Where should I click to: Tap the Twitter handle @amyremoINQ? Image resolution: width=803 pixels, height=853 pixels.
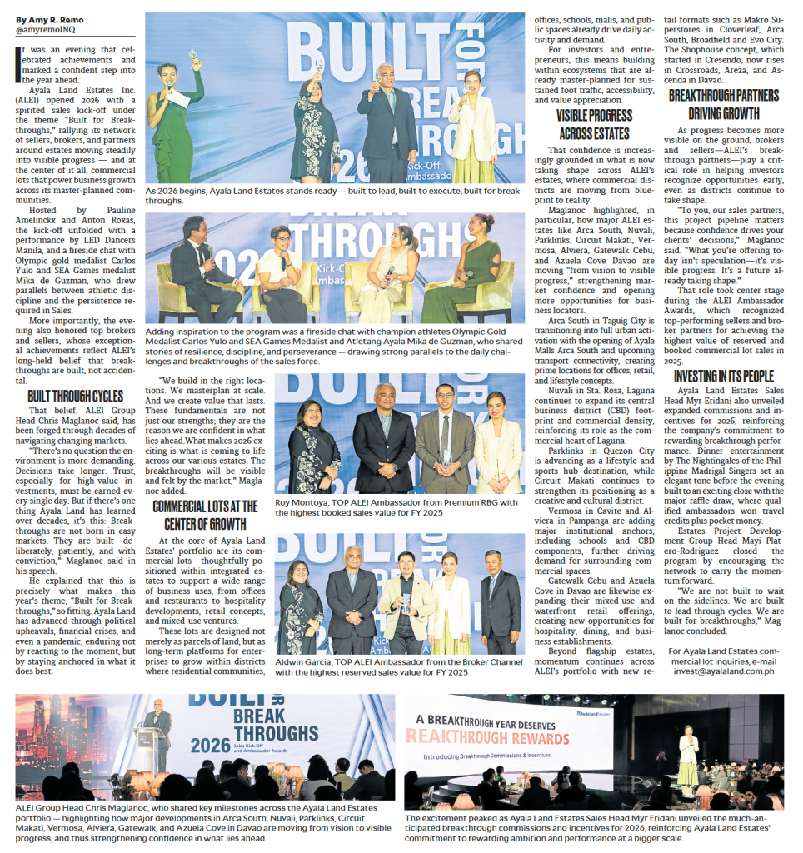coord(47,30)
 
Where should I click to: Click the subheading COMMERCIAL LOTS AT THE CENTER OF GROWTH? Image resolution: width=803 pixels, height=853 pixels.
coord(204,515)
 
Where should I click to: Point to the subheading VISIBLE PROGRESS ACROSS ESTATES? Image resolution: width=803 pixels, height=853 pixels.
coord(594,124)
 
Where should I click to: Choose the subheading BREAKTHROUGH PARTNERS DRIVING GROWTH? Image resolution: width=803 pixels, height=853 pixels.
coord(724,105)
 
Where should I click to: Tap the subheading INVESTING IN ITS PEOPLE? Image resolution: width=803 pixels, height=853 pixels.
coord(724,377)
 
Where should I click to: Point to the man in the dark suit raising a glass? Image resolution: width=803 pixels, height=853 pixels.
coord(387,117)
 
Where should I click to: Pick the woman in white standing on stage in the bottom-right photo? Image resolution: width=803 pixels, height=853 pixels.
coord(687,756)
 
